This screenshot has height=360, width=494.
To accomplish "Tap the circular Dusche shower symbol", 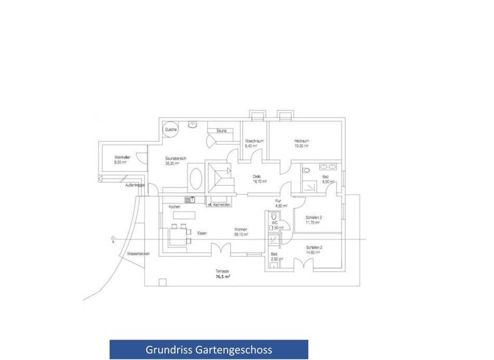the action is coord(170,129).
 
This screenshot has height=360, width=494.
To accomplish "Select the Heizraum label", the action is coord(302,141).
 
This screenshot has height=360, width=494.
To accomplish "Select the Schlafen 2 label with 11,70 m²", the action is coord(314,218).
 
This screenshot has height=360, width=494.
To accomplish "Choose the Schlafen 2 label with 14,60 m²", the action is coord(314,248).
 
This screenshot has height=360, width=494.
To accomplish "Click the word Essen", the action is coord(202,232).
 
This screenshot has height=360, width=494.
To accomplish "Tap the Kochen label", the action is coord(174,206).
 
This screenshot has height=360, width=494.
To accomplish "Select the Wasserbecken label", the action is coord(139,253).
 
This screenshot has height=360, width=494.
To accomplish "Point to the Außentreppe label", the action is coord(134,185).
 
